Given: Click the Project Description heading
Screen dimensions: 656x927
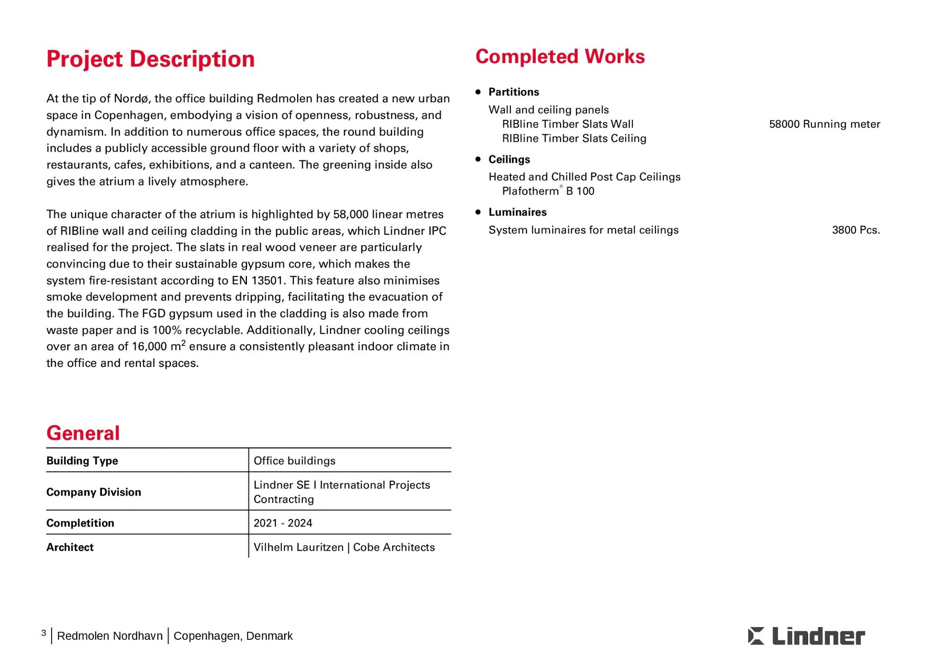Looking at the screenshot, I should [x=150, y=59].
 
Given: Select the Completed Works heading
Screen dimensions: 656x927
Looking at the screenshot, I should [x=560, y=57].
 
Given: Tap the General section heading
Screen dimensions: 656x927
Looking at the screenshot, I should [x=83, y=433].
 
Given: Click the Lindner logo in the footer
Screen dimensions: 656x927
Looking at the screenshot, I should [x=806, y=636].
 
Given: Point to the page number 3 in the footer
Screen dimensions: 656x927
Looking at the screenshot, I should [x=44, y=633].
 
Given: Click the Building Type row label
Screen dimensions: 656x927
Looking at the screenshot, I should [x=82, y=461].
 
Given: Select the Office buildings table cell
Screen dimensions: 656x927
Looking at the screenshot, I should [x=295, y=461].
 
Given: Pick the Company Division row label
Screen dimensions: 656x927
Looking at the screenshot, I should [x=94, y=492].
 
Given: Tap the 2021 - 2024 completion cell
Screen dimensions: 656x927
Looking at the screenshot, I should [x=283, y=523].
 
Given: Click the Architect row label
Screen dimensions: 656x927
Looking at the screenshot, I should [x=70, y=547].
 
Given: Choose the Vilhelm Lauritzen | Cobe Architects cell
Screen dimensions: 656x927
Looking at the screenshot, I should [x=344, y=547].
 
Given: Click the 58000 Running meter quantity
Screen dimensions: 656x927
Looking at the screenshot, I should [x=824, y=124].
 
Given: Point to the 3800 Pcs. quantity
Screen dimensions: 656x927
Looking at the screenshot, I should [x=856, y=230].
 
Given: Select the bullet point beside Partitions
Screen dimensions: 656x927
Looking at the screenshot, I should [x=478, y=92].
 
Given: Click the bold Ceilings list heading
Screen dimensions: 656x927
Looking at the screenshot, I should [x=509, y=159].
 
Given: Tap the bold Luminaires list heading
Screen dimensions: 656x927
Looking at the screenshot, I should [x=517, y=212].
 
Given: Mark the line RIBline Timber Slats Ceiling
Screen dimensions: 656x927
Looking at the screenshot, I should [x=574, y=139].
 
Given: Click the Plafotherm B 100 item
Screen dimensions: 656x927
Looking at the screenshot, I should [x=548, y=191].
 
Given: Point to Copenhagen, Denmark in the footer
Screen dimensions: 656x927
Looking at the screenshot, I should [x=233, y=636].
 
